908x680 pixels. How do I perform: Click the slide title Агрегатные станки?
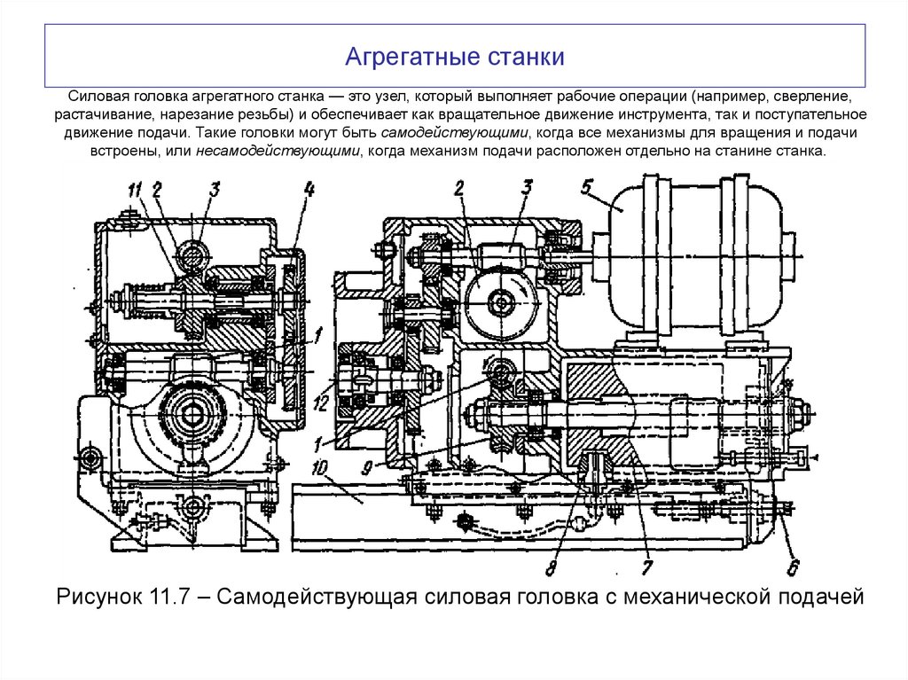tap(454, 59)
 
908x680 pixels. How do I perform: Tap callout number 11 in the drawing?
tap(134, 188)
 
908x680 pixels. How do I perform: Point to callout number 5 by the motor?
tap(587, 187)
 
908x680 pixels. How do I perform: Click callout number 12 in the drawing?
tap(324, 403)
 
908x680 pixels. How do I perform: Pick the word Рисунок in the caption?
tap(98, 597)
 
